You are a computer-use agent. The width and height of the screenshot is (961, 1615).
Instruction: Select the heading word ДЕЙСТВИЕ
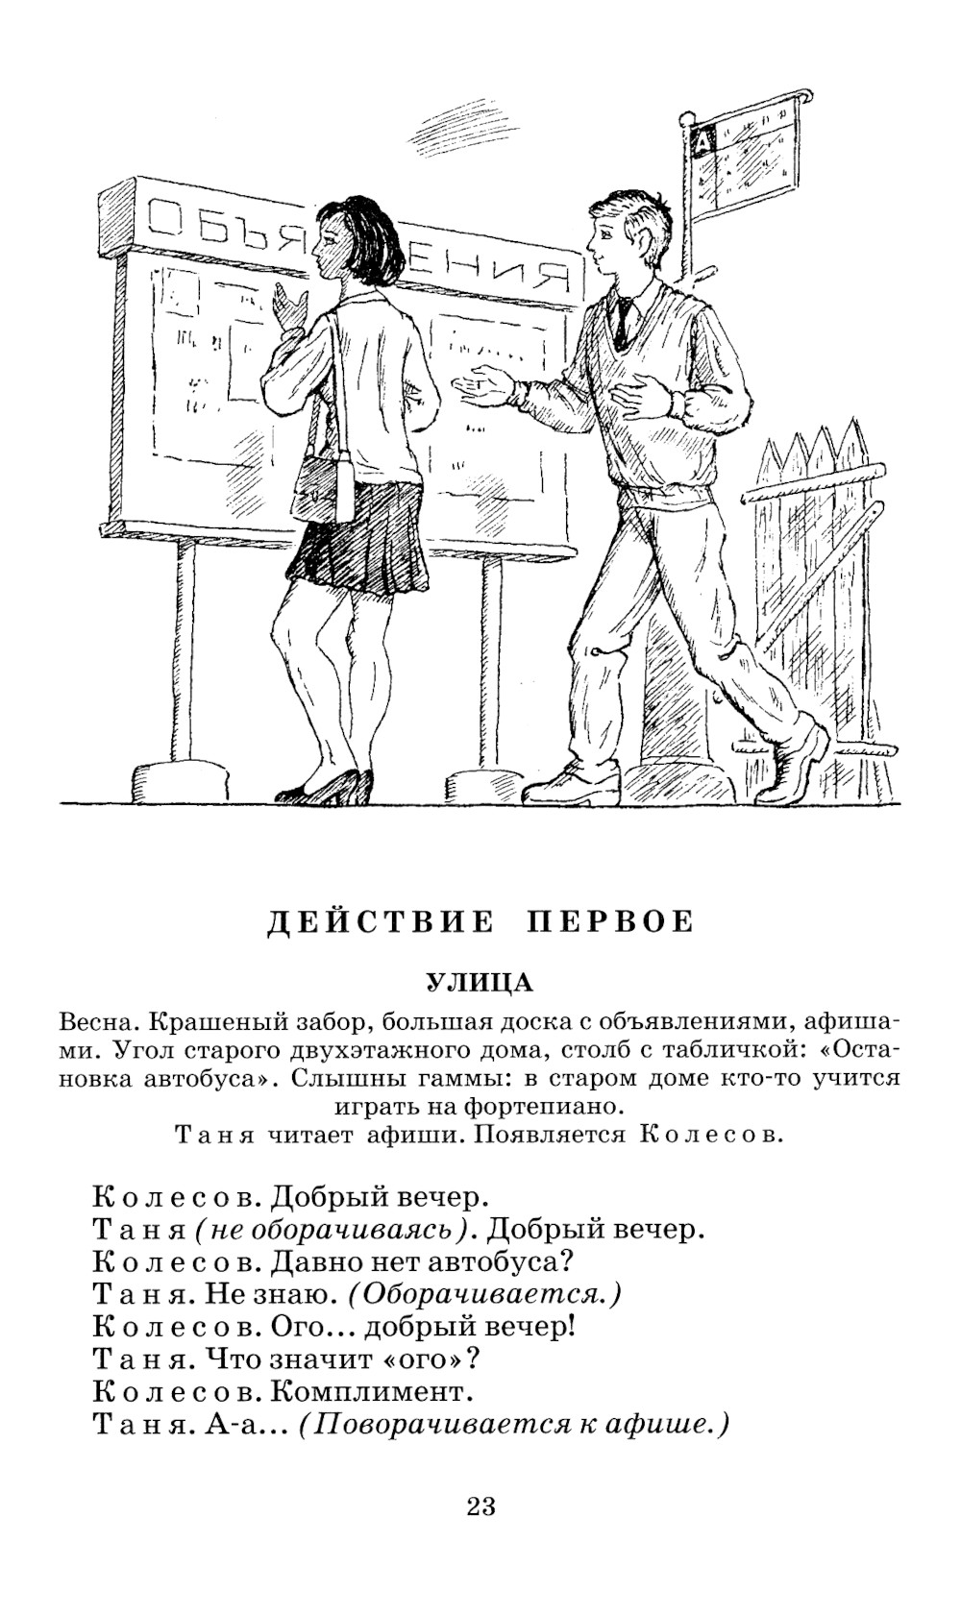(x=380, y=922)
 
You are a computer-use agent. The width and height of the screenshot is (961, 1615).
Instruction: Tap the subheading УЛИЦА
(x=480, y=983)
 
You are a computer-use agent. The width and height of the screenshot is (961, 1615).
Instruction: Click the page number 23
(x=481, y=1505)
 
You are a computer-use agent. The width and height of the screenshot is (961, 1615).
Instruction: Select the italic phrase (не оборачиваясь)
(x=335, y=1230)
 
